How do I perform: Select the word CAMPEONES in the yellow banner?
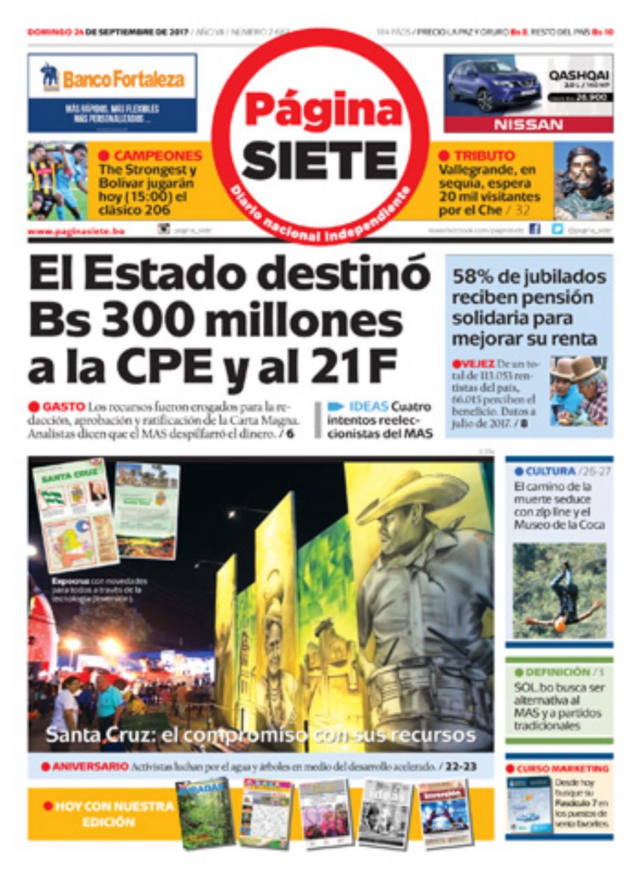157,156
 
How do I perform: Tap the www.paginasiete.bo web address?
76,232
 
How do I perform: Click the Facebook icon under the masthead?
535,230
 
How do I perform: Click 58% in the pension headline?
475,277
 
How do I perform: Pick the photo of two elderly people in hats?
578,390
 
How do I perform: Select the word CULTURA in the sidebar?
550,472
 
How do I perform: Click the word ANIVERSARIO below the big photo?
89,767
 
